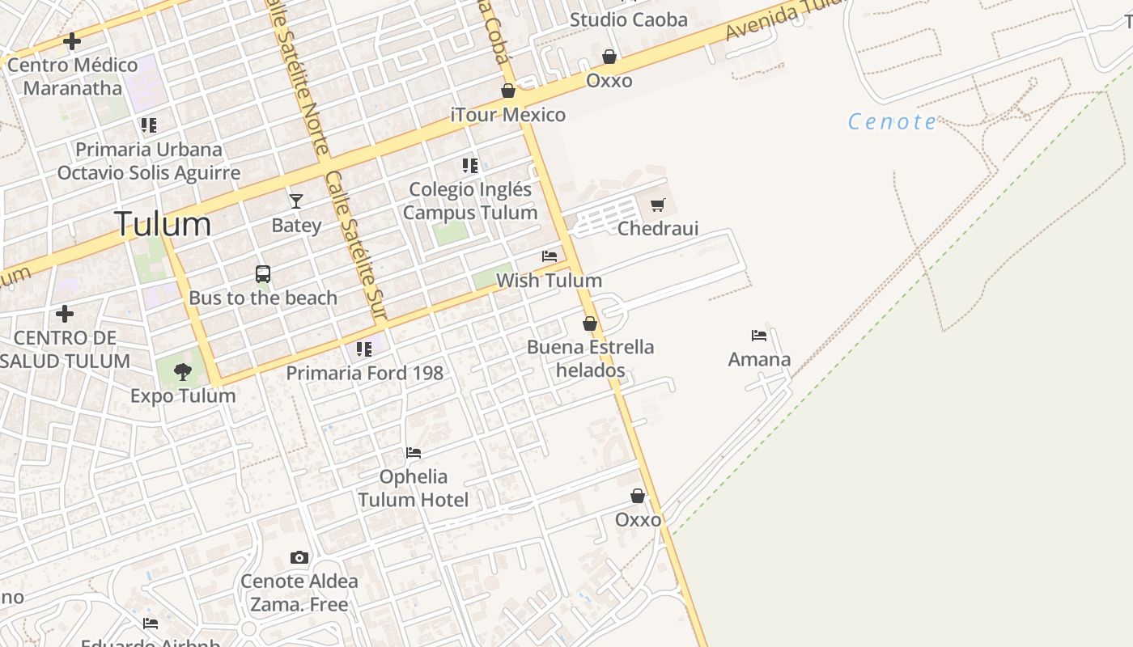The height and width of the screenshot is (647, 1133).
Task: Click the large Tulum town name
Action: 163,224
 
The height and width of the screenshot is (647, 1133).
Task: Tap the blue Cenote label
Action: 892,122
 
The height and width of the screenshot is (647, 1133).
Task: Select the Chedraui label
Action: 657,229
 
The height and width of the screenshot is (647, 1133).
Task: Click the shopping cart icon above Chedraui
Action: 657,205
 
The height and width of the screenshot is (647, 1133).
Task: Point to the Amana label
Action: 759,360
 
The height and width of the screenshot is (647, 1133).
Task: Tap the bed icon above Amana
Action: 759,335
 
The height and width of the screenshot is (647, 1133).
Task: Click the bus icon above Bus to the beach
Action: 263,274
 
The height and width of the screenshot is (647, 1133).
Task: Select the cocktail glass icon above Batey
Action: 296,201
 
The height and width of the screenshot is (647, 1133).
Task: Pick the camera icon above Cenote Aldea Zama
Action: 299,557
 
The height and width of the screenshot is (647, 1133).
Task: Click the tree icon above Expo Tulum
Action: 183,371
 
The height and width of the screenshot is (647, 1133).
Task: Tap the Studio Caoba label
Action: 628,19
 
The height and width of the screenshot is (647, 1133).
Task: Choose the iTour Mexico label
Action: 508,115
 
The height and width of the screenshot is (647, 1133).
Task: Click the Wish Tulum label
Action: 549,281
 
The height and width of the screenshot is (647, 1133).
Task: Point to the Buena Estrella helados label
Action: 590,359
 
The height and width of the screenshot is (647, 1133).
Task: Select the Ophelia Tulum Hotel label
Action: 414,488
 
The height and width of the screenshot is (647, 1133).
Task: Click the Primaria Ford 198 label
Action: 364,373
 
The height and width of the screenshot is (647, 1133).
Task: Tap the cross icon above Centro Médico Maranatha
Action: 72,40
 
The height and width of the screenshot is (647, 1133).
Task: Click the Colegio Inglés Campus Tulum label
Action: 470,201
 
